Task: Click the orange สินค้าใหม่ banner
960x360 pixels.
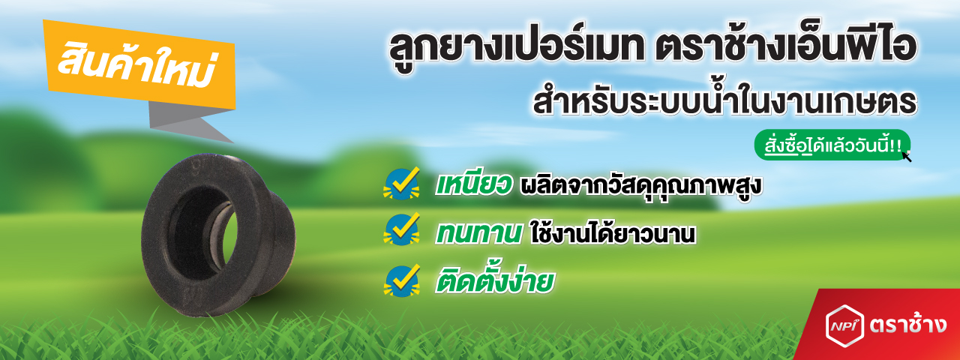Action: coord(140,64)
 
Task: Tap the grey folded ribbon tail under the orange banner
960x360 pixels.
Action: coord(190,121)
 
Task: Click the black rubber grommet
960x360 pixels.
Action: coord(217,235)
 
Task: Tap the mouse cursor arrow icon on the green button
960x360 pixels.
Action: coord(907,156)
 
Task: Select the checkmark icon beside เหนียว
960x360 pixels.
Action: coord(401,184)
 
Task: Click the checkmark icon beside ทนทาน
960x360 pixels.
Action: coord(401,229)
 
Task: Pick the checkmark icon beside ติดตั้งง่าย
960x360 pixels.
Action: coord(401,280)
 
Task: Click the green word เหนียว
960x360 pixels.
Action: coord(473,185)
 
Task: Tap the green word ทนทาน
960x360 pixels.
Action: coord(478,232)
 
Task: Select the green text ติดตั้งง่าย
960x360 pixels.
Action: coord(494,280)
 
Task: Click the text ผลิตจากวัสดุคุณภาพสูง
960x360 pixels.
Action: coord(640,187)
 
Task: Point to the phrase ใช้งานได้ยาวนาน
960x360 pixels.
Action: coord(613,233)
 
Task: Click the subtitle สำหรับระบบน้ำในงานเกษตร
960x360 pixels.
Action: coord(724,101)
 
